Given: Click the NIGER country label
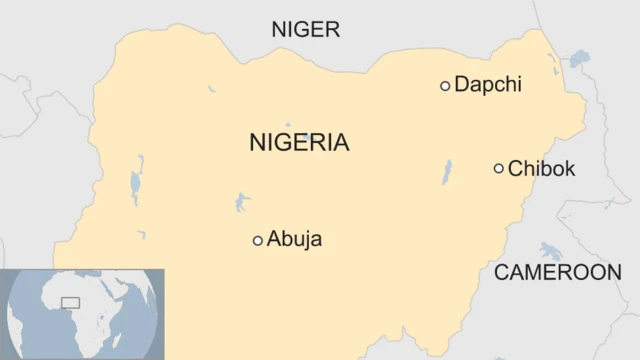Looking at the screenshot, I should click(306, 30).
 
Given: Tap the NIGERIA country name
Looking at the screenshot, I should click(299, 142).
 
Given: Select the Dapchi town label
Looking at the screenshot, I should click(488, 85).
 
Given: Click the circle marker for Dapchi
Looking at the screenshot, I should click(445, 86).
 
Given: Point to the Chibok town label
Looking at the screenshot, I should click(541, 169).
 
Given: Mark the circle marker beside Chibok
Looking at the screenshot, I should click(498, 168).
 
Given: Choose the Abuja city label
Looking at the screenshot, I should click(295, 240).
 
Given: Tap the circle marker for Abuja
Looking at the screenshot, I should click(258, 240).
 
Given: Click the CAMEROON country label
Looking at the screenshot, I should click(558, 272).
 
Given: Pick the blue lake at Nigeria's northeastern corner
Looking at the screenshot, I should click(579, 59).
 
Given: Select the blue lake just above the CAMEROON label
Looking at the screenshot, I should click(549, 250).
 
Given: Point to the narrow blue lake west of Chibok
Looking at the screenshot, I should click(447, 172).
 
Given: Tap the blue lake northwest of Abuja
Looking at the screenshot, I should click(243, 203).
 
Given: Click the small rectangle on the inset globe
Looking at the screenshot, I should click(70, 302).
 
